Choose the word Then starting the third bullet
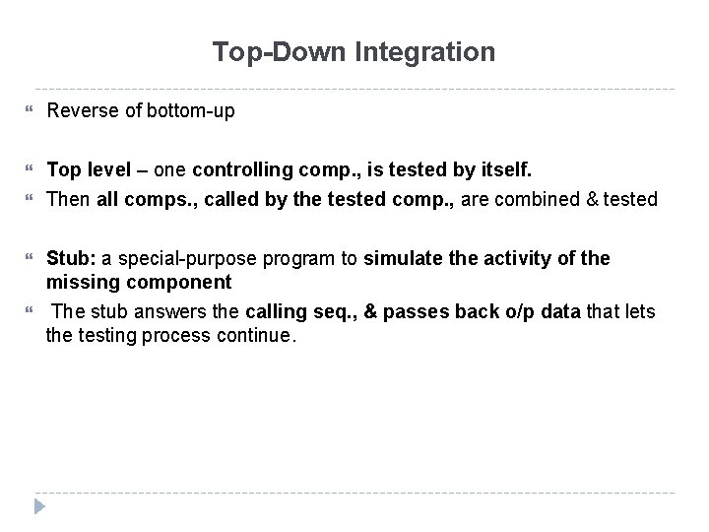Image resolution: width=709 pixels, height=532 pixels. (68, 200)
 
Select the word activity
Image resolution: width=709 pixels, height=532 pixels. (523, 259)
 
